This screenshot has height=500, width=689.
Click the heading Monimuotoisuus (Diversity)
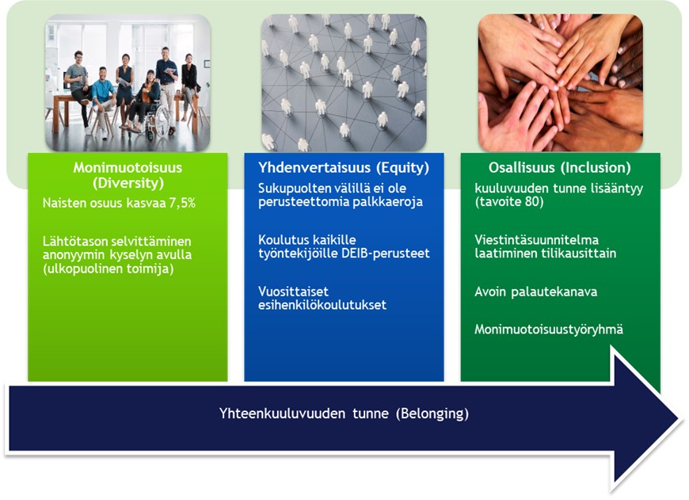[128, 175]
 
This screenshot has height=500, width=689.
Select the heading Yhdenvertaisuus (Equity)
[344, 167]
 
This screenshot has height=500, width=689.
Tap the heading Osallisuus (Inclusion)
[560, 167]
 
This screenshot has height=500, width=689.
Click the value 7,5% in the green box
[182, 203]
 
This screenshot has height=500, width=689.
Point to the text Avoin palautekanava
[535, 292]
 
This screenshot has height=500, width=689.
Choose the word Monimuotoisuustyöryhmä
[549, 330]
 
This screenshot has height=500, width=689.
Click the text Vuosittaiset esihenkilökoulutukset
[322, 298]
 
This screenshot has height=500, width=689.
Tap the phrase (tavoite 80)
[509, 202]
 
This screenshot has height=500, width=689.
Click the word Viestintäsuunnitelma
[536, 239]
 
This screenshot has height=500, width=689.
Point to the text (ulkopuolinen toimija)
[108, 269]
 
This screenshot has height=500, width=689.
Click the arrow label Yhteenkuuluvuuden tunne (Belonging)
[344, 414]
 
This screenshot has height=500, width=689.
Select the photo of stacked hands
[560, 82]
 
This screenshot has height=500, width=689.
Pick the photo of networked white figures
[344, 82]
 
